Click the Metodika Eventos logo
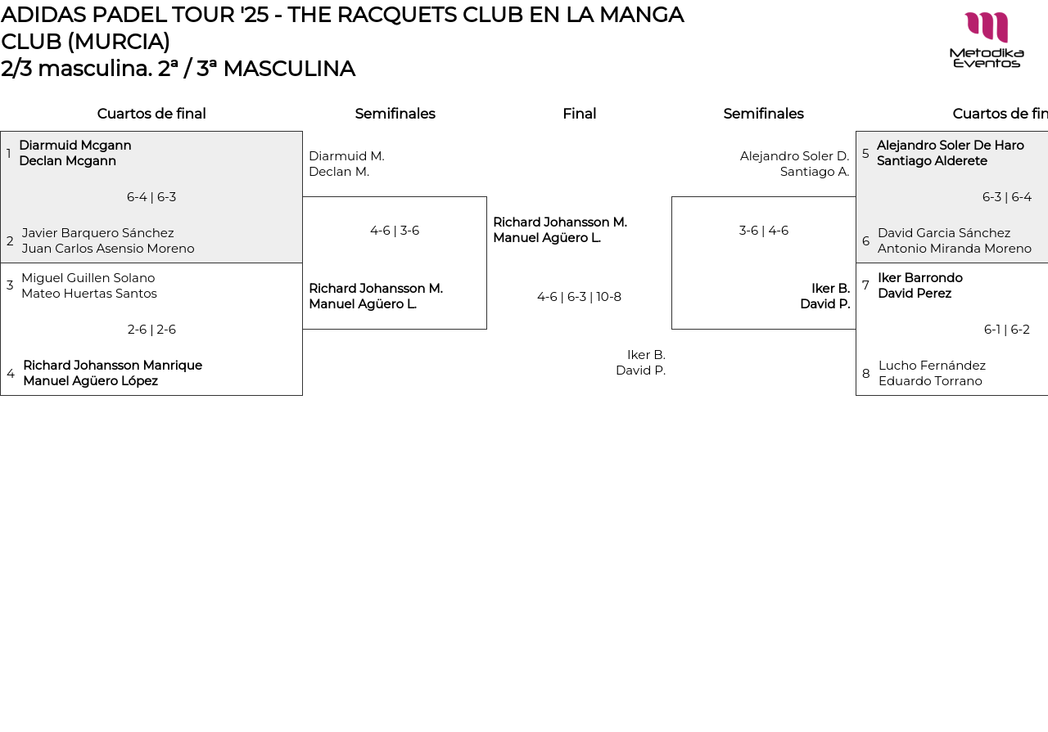pos(986,39)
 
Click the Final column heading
pos(579,114)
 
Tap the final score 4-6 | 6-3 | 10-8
pos(579,297)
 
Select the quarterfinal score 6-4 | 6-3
pos(151,197)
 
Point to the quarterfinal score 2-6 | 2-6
pos(151,330)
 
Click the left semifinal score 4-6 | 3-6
pos(395,231)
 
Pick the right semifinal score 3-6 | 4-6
pos(763,231)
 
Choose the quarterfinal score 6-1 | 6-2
pos(1006,330)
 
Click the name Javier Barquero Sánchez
pos(98,233)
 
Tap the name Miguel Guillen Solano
pos(88,278)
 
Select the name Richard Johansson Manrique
pos(112,366)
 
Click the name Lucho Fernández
pos(932,366)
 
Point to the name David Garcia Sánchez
pos(944,233)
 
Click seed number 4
pos(11,374)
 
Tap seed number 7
pos(865,285)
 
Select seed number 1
pos(9,154)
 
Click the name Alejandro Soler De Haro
pos(950,146)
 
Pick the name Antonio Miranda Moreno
pos(954,249)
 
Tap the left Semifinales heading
pos(395,114)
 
